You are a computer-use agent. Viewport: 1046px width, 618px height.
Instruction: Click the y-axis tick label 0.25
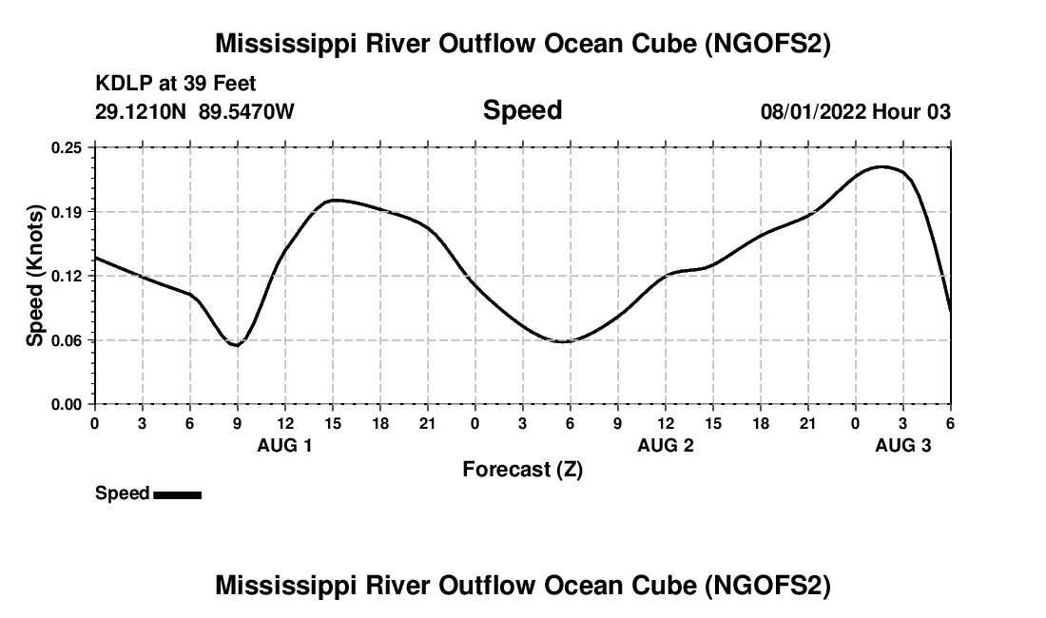(x=68, y=147)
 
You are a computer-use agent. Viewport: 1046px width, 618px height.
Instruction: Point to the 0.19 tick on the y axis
(x=68, y=211)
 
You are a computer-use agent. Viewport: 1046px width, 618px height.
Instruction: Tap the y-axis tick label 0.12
(x=68, y=276)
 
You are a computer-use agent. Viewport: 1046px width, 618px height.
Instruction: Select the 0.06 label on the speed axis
(x=68, y=339)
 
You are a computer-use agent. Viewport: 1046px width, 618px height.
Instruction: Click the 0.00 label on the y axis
(x=68, y=404)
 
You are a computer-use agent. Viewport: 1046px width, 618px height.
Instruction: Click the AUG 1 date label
(x=285, y=445)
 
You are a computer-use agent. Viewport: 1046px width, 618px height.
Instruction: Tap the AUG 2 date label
(x=666, y=445)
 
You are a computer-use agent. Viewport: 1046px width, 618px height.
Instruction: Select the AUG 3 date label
(x=903, y=445)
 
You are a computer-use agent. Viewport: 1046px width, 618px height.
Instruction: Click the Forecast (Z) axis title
(x=522, y=469)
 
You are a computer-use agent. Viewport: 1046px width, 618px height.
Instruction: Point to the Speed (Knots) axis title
(x=35, y=276)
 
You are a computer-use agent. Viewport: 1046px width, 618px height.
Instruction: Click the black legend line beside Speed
(x=177, y=494)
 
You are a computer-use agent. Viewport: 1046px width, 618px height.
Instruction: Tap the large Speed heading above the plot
(x=522, y=110)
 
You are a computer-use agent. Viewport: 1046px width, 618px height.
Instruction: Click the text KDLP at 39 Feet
(x=176, y=85)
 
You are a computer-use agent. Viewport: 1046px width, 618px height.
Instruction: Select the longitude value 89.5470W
(x=246, y=112)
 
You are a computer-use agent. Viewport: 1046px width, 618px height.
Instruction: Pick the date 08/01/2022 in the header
(x=813, y=112)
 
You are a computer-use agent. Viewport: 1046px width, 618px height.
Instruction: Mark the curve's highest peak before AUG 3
(x=882, y=166)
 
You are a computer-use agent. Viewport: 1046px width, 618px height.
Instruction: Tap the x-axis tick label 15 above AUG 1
(x=333, y=422)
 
